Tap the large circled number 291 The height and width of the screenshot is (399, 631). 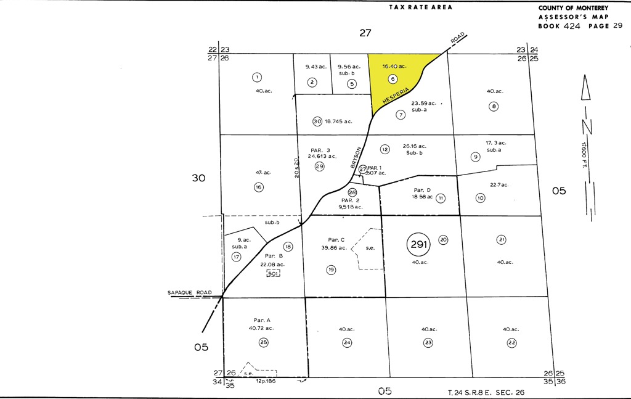(x=418, y=245)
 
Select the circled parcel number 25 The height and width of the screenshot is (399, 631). (x=264, y=342)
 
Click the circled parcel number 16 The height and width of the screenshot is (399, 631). (x=259, y=187)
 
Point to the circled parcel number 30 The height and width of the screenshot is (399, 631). (x=317, y=121)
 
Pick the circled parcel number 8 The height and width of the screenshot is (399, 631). (x=494, y=105)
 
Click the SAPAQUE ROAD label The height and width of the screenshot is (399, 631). (x=190, y=292)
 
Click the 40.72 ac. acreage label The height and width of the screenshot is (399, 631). (x=261, y=328)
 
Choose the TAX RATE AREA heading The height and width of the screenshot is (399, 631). (x=421, y=7)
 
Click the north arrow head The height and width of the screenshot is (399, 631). (x=587, y=88)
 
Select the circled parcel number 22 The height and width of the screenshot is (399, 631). (x=511, y=342)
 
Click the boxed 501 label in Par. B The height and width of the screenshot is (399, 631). (x=273, y=273)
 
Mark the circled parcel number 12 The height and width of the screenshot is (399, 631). (x=385, y=149)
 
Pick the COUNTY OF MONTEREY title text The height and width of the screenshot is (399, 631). (x=573, y=8)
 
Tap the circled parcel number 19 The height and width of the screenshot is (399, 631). (x=331, y=269)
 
